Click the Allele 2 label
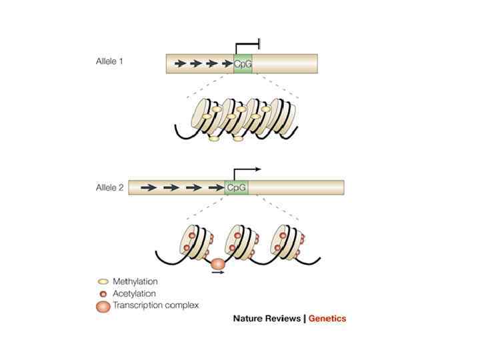click(x=109, y=188)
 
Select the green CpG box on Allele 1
click(x=243, y=64)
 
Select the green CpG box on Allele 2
click(x=237, y=187)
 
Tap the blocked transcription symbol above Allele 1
click(x=248, y=47)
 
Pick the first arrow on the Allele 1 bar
click(x=180, y=64)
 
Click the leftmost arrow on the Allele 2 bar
click(x=149, y=188)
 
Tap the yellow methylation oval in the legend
click(x=103, y=281)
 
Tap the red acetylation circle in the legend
click(x=103, y=293)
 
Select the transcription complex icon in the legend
click(x=103, y=306)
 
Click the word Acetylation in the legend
click(x=135, y=293)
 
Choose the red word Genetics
click(x=327, y=319)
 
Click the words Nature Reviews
click(x=267, y=319)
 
